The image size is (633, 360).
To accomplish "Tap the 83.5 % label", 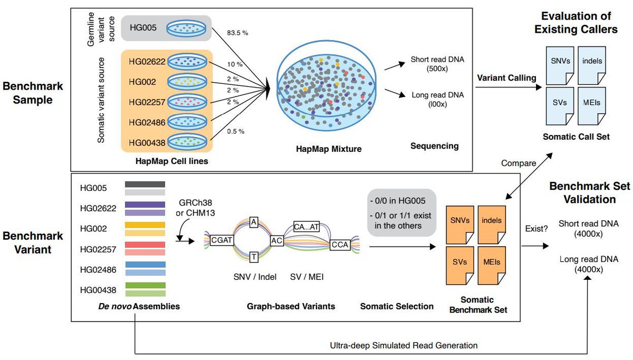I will point(237,33).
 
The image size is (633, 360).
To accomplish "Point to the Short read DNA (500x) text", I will point(438,66).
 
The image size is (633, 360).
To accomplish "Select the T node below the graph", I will point(253,257).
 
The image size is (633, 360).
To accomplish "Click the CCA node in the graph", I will point(340,246).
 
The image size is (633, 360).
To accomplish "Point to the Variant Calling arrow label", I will point(506,77).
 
